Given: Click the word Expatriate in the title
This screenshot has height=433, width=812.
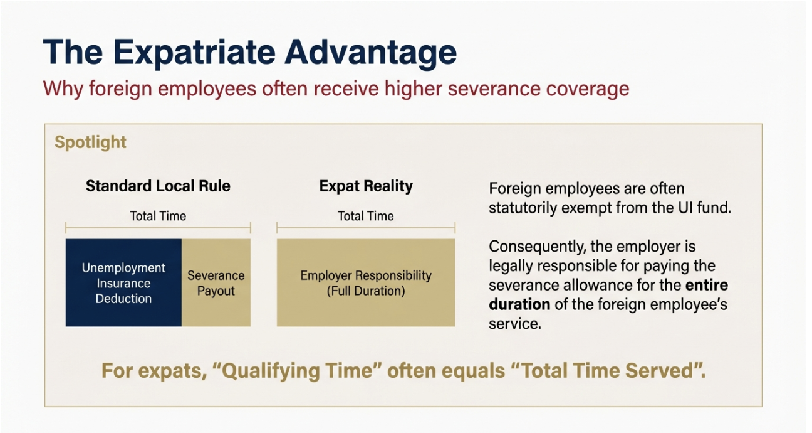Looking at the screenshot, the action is (194, 53).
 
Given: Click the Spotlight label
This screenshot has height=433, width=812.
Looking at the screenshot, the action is (90, 142).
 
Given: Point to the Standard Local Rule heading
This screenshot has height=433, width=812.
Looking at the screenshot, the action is (158, 186).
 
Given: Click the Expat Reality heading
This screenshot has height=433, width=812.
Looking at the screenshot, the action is (366, 186).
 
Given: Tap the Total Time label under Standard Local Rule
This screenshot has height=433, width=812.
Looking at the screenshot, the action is (158, 216).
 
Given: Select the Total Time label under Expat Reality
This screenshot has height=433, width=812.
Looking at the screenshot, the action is (366, 216).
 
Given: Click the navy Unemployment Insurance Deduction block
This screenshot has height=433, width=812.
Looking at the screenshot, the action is (123, 283).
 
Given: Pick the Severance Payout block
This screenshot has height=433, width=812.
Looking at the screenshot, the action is (216, 283).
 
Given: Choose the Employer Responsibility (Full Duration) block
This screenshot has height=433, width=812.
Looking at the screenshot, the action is (366, 283).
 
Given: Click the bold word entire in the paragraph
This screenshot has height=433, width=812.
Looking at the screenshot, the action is (707, 285).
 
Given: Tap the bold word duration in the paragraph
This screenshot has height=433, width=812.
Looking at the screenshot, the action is (519, 304).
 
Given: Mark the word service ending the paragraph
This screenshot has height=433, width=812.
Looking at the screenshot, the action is (515, 323).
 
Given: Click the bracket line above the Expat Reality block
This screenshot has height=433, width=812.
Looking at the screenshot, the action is (366, 228).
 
